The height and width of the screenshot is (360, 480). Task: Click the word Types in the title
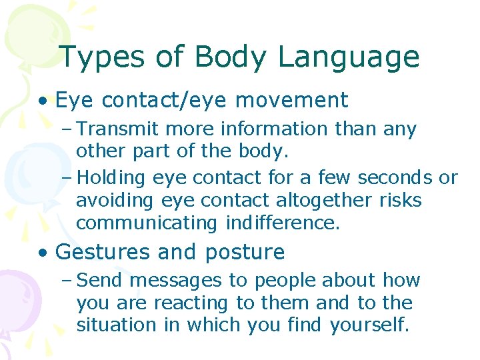pyautogui.click(x=100, y=57)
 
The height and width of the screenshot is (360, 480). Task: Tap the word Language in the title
pyautogui.click(x=349, y=57)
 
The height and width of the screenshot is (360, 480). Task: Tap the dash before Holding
pyautogui.click(x=70, y=178)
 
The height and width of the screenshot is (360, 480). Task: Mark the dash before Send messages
pyautogui.click(x=70, y=281)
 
